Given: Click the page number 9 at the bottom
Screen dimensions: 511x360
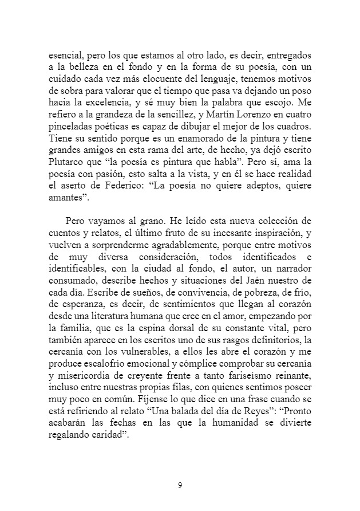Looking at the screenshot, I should (180, 486).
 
